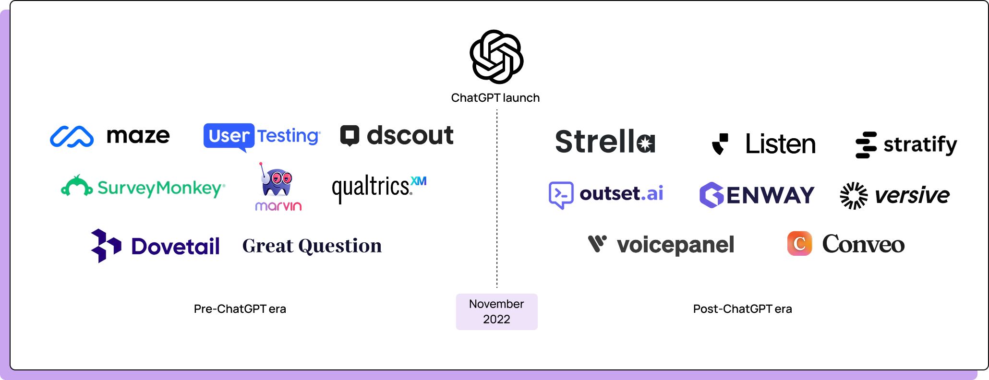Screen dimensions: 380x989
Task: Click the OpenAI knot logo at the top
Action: point(496,57)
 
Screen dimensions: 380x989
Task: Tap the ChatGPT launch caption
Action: point(495,98)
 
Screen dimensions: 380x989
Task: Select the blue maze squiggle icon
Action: point(72,137)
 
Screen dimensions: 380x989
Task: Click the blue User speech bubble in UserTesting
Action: point(229,136)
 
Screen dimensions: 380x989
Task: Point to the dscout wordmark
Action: point(410,136)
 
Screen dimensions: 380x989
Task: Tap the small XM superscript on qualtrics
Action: point(419,181)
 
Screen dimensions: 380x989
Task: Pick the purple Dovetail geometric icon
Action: point(106,246)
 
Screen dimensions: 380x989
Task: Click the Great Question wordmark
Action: point(312,246)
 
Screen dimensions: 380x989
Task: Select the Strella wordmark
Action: point(605,142)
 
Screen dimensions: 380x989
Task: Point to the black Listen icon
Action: point(720,144)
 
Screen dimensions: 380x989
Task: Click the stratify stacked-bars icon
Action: point(866,145)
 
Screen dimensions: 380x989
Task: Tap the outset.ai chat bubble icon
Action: point(561,195)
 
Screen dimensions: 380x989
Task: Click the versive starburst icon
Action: point(854,196)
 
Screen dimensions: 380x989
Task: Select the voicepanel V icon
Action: point(597,244)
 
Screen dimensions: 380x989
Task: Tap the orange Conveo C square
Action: point(799,244)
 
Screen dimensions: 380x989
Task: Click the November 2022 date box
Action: point(496,312)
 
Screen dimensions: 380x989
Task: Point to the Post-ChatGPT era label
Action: point(742,309)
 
